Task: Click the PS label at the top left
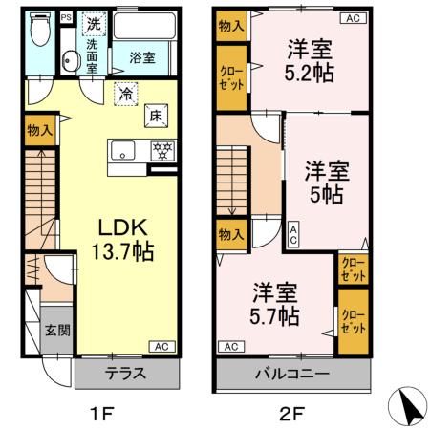[x=65, y=17]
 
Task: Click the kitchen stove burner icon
[x=161, y=150]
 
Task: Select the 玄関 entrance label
[x=55, y=330]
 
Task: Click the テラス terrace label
[x=126, y=374]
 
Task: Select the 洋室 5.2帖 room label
[x=308, y=58]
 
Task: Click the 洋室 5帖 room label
[x=327, y=181]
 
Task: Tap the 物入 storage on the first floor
[x=39, y=129]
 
